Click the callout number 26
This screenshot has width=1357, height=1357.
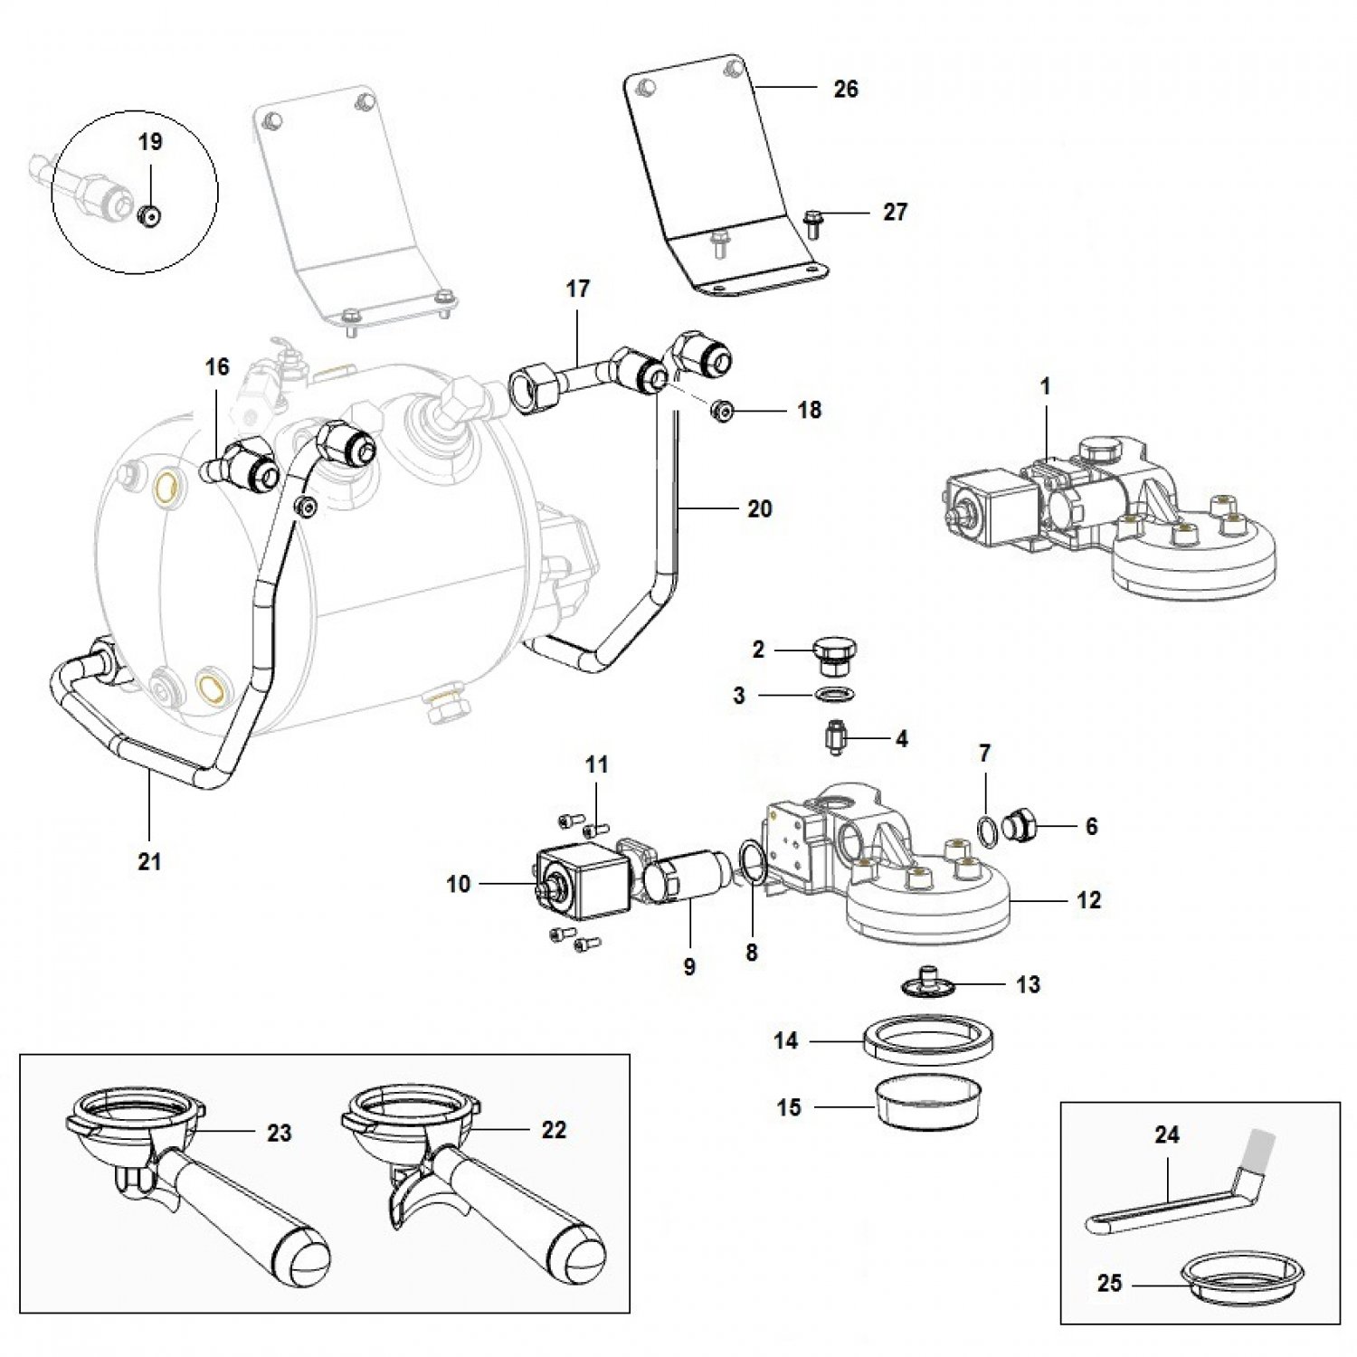[x=845, y=89]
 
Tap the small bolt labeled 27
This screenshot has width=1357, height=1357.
[x=811, y=222]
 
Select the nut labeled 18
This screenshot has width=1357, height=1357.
[x=722, y=411]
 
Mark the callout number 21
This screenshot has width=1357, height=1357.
[x=149, y=861]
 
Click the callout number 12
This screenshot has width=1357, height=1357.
[x=1088, y=900]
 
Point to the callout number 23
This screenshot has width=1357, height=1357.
[x=279, y=1133]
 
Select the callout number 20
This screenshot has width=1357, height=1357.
[x=759, y=509]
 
